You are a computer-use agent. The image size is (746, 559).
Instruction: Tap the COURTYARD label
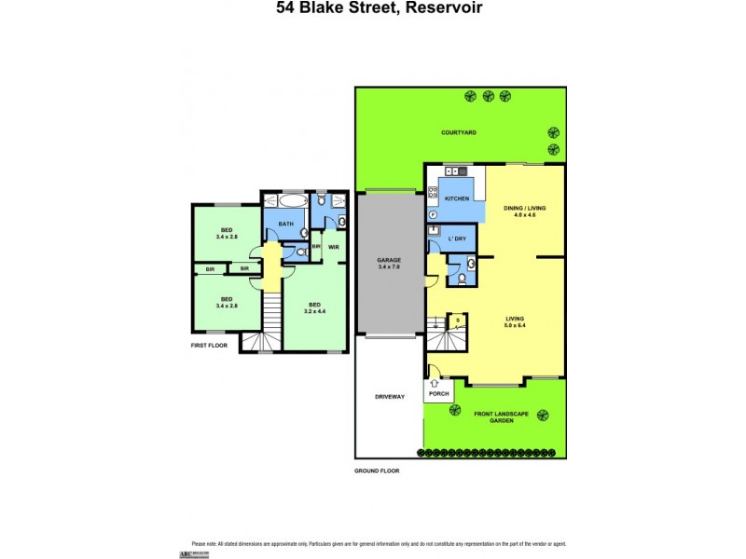pos(459,133)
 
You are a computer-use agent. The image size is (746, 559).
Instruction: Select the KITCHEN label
pos(456,199)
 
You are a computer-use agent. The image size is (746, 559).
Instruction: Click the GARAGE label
pos(389,261)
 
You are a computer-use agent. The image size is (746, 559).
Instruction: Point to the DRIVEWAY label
pos(390,397)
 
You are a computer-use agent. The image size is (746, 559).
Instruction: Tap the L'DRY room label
pos(457,239)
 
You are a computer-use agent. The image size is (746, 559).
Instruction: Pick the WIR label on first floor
pos(332,247)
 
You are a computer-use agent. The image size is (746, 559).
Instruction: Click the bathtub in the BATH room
pos(284,201)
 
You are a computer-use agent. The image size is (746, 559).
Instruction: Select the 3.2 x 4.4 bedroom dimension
pos(316,310)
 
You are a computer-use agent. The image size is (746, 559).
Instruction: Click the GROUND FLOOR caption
pos(377,471)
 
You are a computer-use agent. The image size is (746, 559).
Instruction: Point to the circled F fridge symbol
pos(434,214)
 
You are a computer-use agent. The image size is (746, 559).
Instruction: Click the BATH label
pos(285,225)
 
